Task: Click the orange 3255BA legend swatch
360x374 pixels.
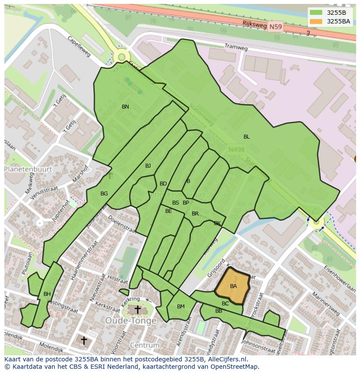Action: click(316, 21)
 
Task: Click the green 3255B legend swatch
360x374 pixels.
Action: click(316, 13)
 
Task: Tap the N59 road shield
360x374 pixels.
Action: click(275, 27)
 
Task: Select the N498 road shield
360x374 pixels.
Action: click(237, 149)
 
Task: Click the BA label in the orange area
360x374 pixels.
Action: click(233, 286)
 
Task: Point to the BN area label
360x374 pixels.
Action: click(125, 107)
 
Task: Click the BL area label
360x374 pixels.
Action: click(247, 137)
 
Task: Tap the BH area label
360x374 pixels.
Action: click(47, 294)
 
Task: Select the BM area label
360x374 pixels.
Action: click(181, 307)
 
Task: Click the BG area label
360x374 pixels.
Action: click(104, 194)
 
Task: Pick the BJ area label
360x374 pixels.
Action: click(148, 166)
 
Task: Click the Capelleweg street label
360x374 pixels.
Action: click(79, 46)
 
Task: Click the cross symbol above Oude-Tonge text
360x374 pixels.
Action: click(137, 310)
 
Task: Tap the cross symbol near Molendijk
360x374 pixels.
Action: click(83, 340)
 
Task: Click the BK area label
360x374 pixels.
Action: click(217, 223)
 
